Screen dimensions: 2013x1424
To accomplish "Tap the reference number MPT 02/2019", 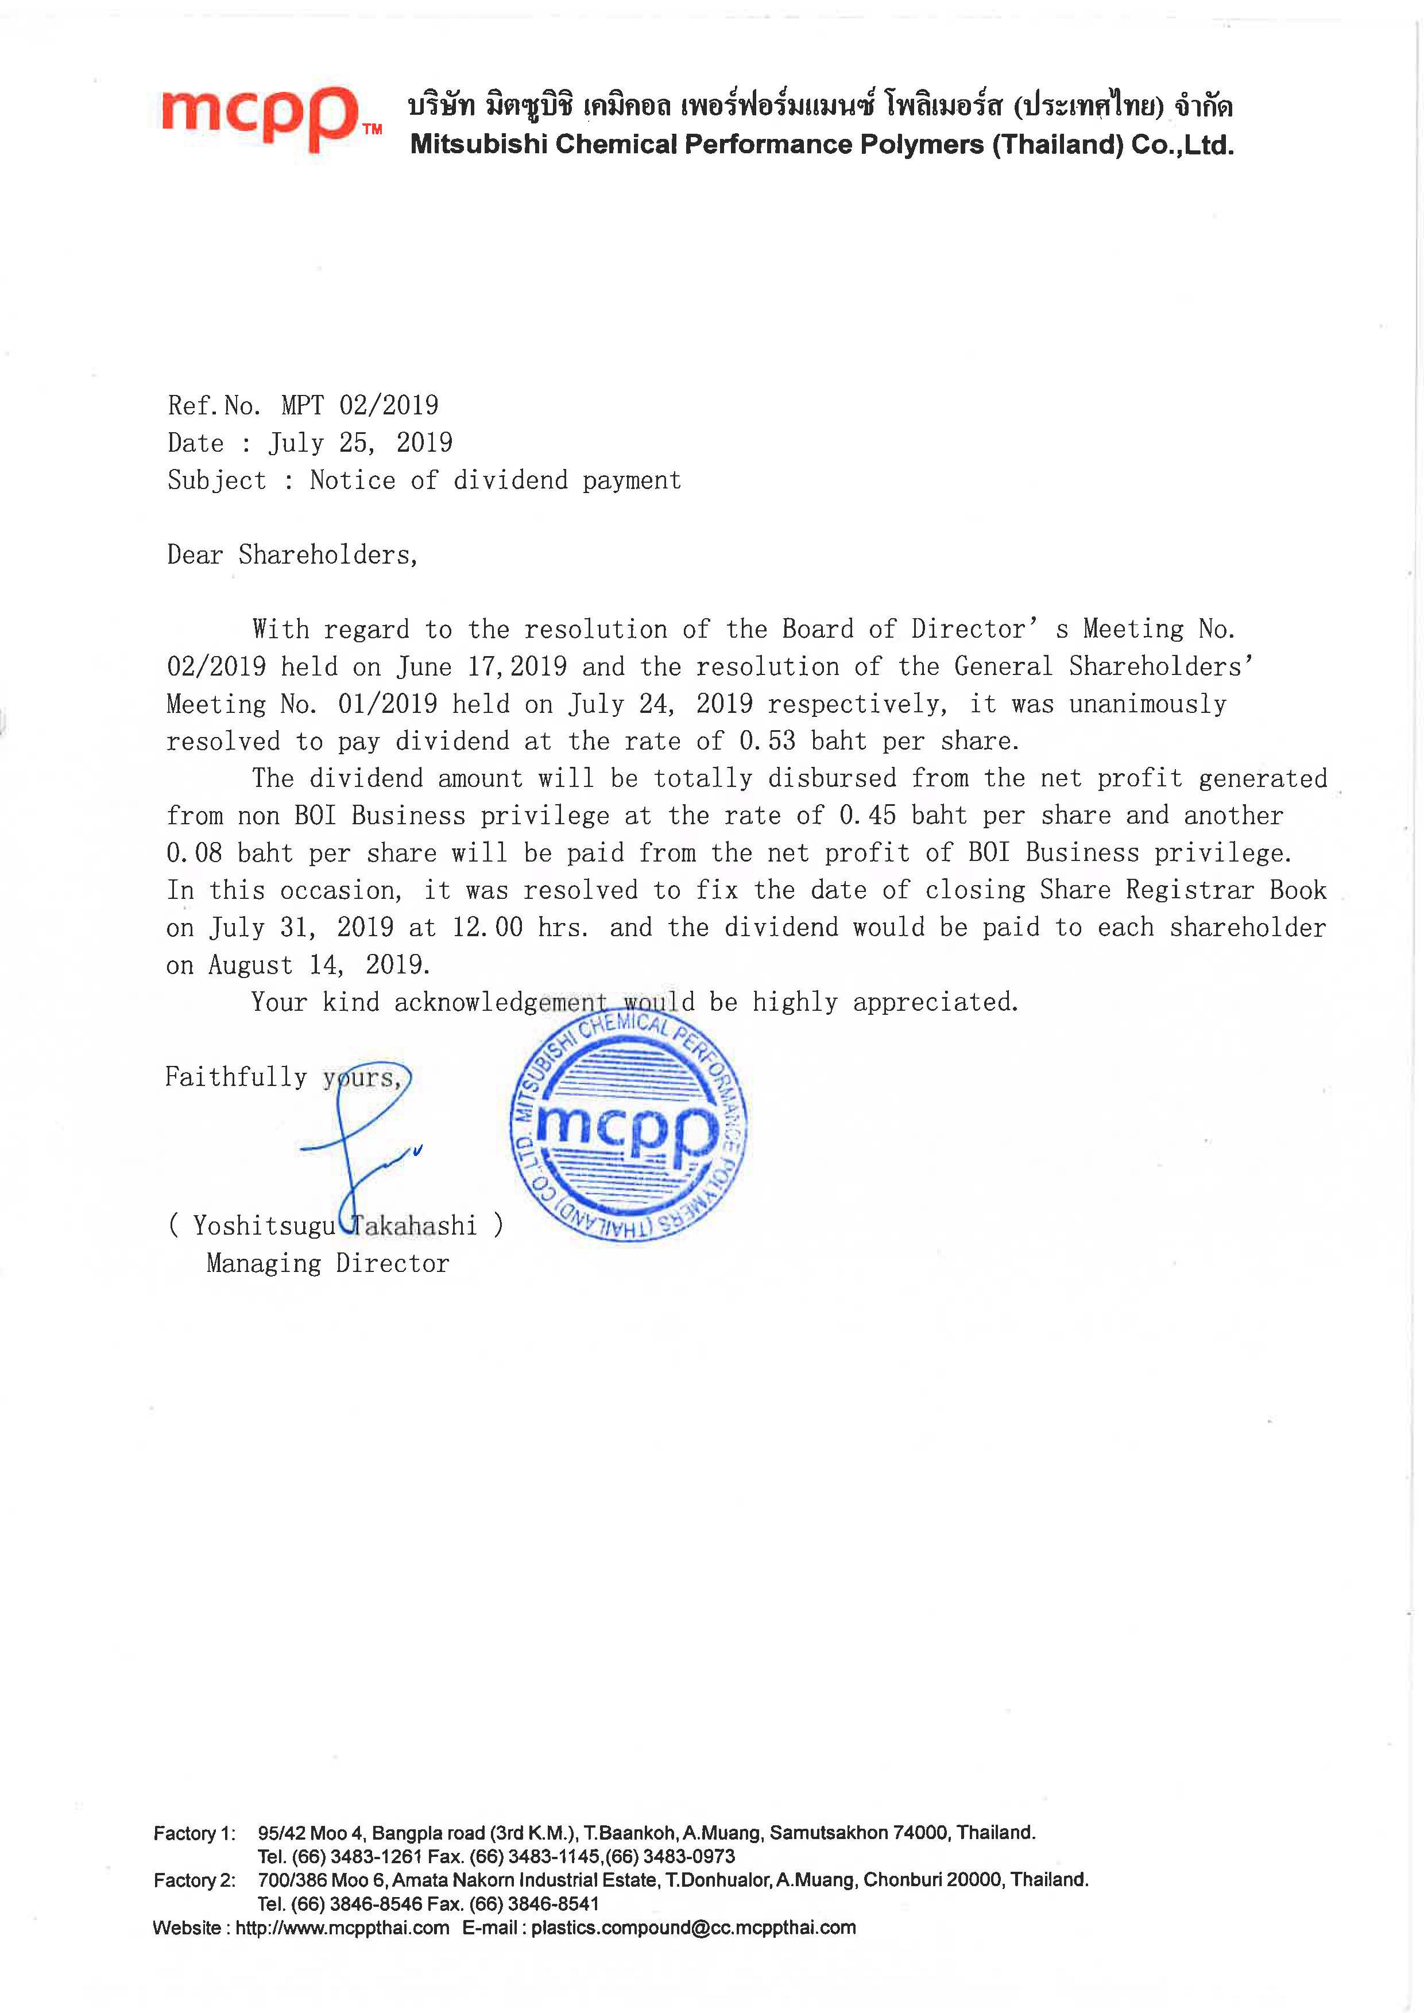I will (x=359, y=405).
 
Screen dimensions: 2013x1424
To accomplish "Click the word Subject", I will (x=216, y=480).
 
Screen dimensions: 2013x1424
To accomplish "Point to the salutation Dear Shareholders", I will (x=292, y=555).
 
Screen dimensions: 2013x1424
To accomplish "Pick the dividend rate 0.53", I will (x=767, y=741).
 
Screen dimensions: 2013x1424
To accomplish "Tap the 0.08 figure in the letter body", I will (x=194, y=853).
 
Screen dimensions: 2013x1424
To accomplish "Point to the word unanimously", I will (x=1148, y=704).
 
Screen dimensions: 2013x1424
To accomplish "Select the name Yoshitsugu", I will (x=264, y=1225).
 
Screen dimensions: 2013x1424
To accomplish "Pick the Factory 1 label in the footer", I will (x=194, y=1833).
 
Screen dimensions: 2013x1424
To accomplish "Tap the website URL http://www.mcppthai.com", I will (x=342, y=1928).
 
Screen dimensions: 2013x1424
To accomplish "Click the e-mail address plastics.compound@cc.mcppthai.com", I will (x=692, y=1928).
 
